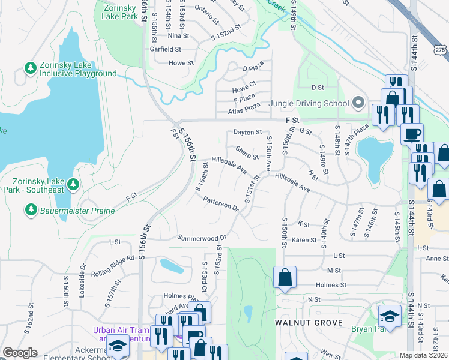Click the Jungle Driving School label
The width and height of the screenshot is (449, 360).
tap(309, 103)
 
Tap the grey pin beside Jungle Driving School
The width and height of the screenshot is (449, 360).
tap(358, 103)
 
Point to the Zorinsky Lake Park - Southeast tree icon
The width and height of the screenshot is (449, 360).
tap(73, 183)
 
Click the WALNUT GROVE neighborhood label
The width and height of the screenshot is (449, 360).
tap(309, 323)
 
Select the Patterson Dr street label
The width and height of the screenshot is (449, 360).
tap(221, 204)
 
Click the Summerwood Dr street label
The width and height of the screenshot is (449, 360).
tap(201, 238)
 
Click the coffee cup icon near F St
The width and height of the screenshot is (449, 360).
tap(412, 133)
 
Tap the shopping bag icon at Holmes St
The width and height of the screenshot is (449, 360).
tap(285, 277)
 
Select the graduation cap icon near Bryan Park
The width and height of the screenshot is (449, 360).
tap(389, 316)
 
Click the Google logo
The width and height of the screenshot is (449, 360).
tap(20, 353)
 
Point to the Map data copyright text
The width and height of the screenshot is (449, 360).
tap(423, 355)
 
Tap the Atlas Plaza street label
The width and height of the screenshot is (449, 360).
tap(244, 112)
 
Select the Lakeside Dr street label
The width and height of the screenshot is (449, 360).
tap(82, 282)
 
